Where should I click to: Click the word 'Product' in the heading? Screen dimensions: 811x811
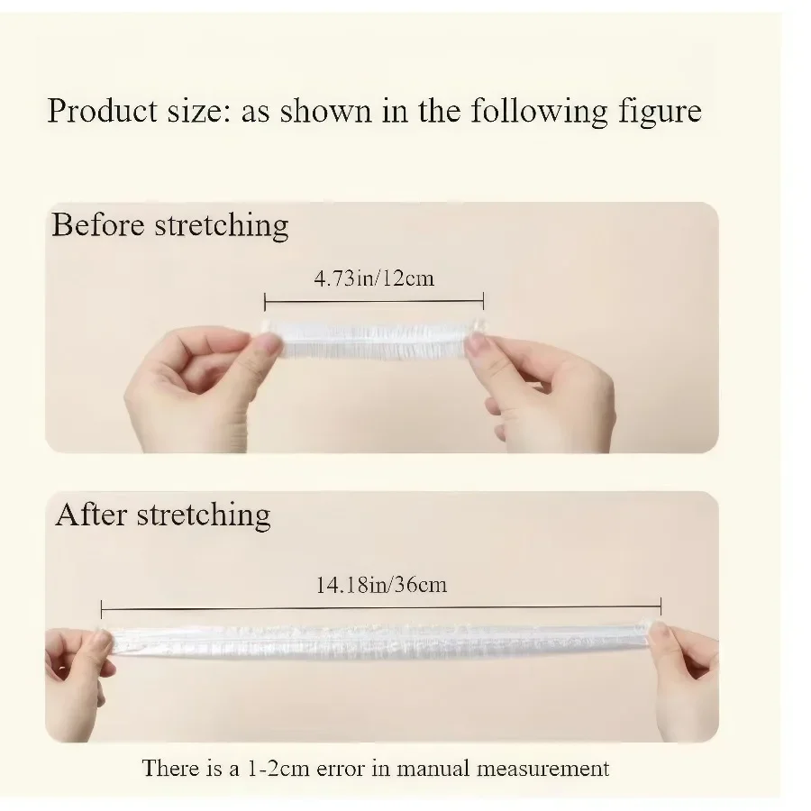click(102, 110)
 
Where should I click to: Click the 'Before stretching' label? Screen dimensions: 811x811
click(170, 226)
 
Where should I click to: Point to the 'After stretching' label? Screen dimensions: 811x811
click(163, 515)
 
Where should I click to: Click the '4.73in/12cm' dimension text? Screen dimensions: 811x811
click(374, 278)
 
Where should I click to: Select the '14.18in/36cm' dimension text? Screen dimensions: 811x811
click(382, 585)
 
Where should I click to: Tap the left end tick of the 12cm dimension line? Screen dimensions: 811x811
click(265, 302)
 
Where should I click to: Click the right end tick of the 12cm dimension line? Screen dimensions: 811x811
click(483, 300)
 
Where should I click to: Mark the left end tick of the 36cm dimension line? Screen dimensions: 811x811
click(101, 609)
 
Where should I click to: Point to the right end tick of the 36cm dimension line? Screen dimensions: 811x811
click(661, 606)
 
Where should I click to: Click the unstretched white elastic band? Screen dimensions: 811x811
click(373, 341)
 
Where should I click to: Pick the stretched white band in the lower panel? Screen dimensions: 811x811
click(380, 642)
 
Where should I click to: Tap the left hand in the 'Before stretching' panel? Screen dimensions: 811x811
click(202, 384)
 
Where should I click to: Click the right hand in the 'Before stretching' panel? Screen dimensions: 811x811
click(543, 390)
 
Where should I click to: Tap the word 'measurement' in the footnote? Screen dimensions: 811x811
click(542, 769)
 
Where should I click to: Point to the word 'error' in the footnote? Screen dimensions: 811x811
click(341, 770)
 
